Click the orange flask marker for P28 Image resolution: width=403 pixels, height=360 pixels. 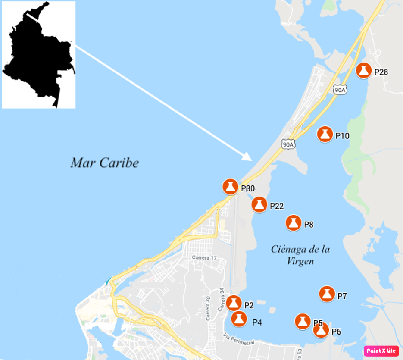[364, 70]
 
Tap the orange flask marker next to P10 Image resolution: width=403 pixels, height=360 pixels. [325, 134]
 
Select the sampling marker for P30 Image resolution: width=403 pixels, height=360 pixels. [230, 187]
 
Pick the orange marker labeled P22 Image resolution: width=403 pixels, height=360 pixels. [259, 204]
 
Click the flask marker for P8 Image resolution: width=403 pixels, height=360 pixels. [294, 223]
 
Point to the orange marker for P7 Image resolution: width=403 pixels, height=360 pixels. [327, 294]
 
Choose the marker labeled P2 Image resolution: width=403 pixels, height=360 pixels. [234, 303]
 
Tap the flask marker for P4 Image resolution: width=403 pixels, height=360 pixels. [239, 319]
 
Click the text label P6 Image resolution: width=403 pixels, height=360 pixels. [336, 332]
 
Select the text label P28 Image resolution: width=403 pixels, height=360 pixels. [381, 72]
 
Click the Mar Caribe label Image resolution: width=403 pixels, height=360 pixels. [105, 163]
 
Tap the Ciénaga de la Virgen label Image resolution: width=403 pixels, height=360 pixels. [300, 255]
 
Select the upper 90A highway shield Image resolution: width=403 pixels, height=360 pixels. [340, 90]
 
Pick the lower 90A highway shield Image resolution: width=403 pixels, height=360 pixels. [288, 145]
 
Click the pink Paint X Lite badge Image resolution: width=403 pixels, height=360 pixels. [381, 351]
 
